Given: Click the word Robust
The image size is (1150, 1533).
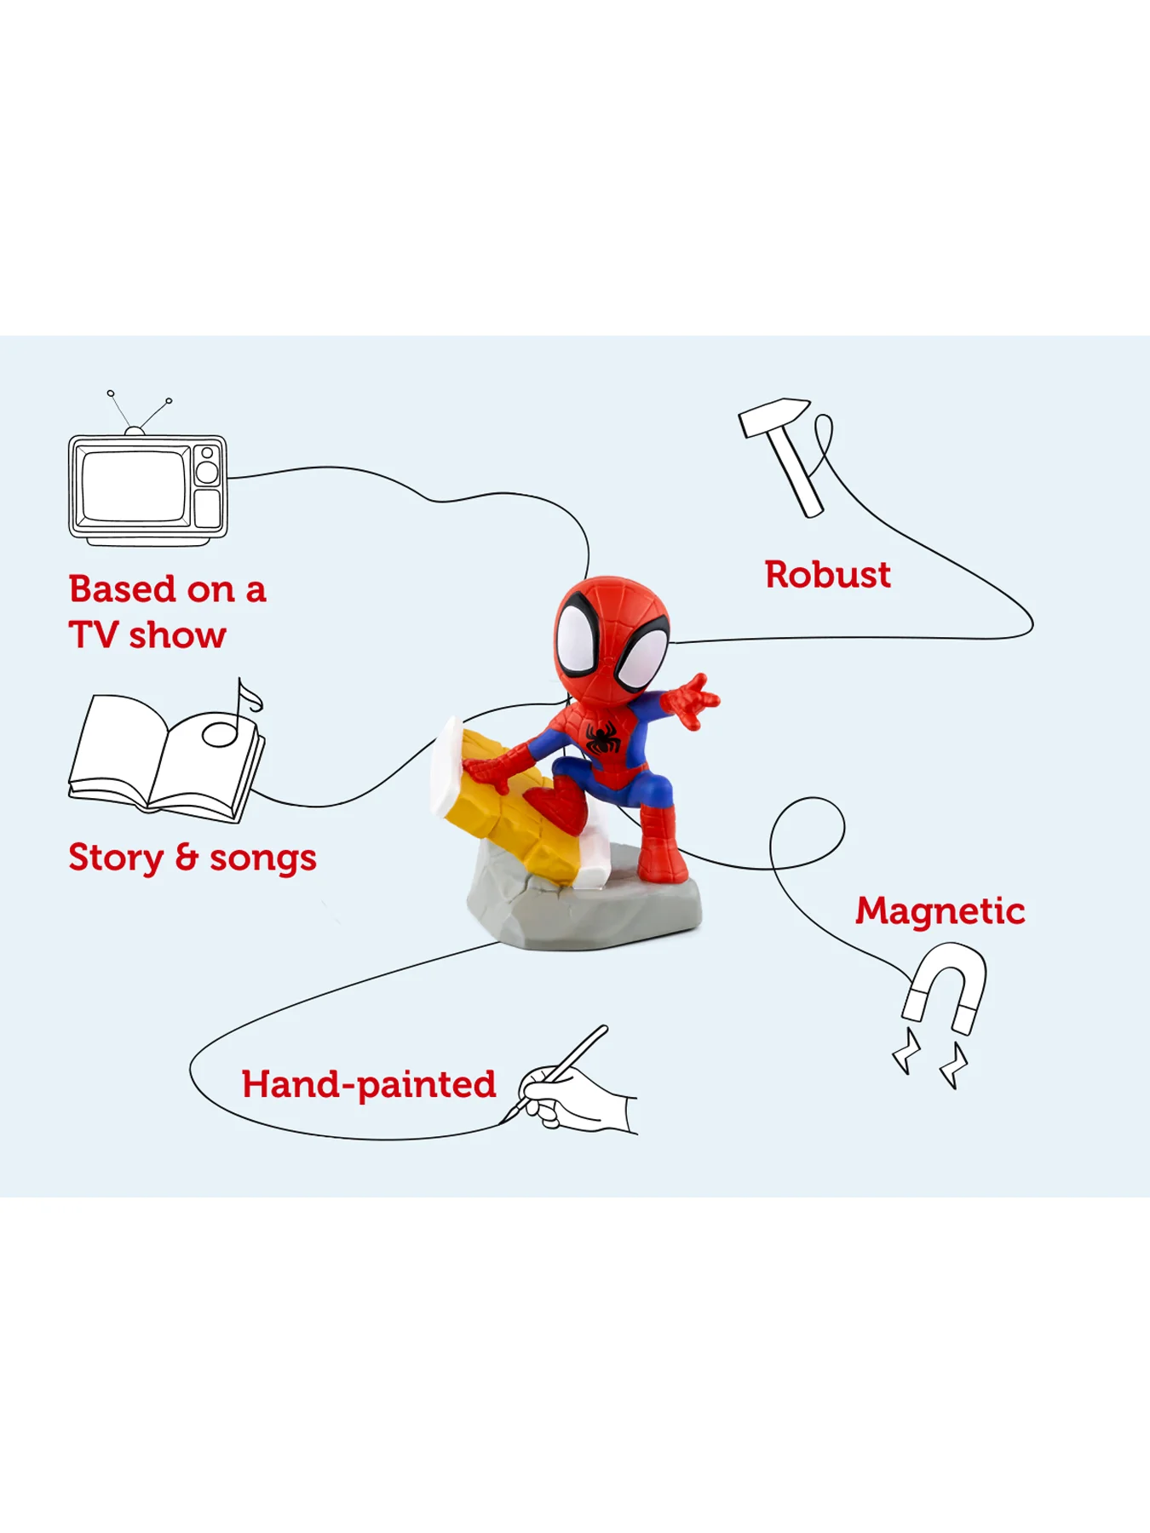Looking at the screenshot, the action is tap(827, 575).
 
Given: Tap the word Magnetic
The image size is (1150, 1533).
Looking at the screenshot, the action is tap(940, 912).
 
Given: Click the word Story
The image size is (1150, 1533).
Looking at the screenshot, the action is tap(116, 858).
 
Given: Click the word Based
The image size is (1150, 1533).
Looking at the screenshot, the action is tap(123, 589).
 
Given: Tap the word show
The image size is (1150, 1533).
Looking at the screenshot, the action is tap(177, 635).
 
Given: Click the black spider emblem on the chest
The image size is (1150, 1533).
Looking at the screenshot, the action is tap(603, 738).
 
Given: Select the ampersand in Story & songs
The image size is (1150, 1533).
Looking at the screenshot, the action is tap(187, 858).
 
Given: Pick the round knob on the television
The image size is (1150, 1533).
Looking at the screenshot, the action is tap(207, 472).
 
